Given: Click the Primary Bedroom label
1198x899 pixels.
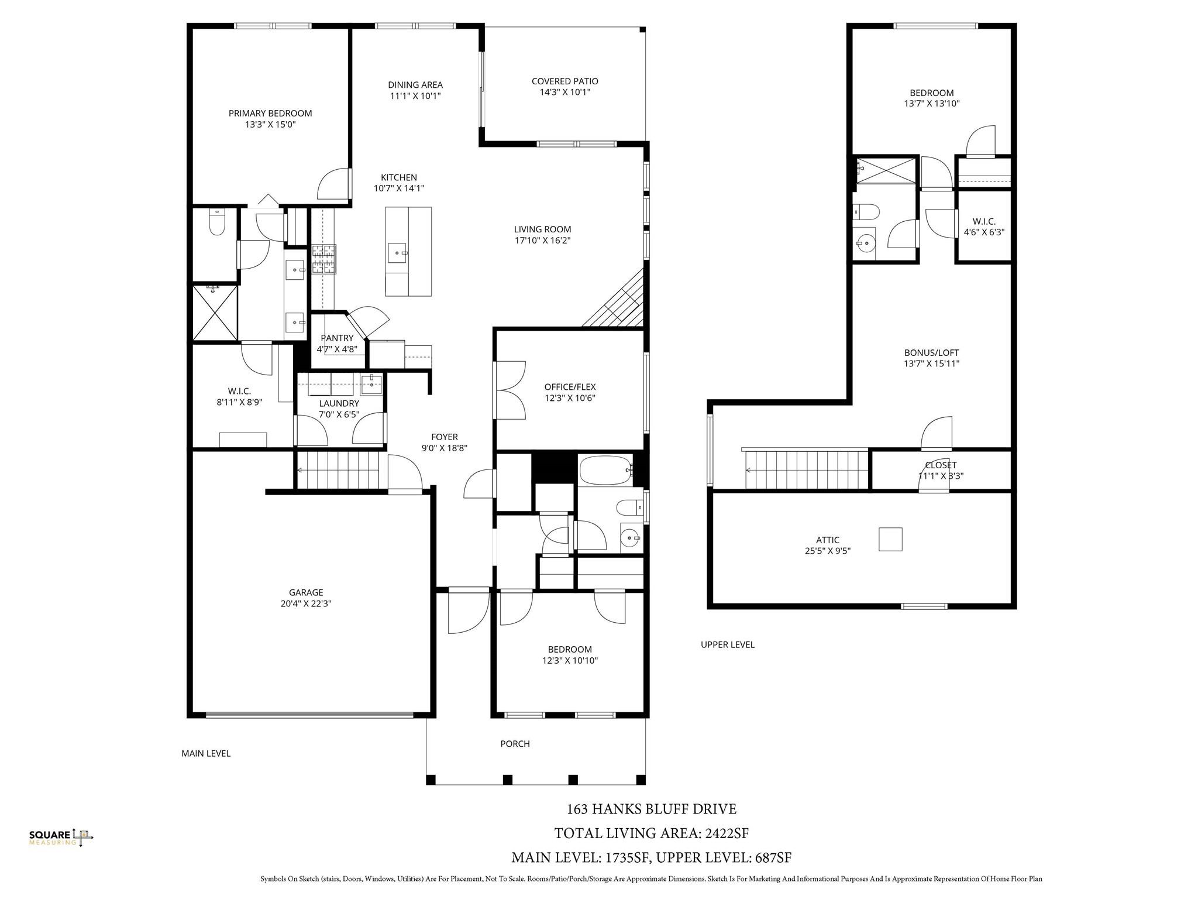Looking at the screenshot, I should pos(270,114).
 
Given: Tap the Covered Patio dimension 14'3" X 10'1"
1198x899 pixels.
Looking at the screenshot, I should pos(564,92).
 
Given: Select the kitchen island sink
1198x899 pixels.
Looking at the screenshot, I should pos(398,253).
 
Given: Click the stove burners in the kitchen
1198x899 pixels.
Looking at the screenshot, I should pos(323,259).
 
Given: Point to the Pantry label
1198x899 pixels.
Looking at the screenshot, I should pos(337,338).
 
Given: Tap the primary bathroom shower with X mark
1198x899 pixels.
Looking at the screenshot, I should pos(216,312).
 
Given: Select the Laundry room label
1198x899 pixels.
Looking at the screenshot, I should pos(339,404).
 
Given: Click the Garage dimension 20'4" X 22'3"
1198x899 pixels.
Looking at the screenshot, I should pos(306,603).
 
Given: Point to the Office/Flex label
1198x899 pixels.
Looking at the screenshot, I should pos(570,387).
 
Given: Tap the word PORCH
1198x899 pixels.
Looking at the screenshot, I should pos(515,744).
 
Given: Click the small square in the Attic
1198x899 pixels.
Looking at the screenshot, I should pos(890,539).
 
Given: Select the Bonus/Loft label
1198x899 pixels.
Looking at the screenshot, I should pos(931,353).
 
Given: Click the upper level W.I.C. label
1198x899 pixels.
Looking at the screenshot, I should pos(984,222).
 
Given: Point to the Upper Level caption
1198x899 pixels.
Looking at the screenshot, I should pos(727,645).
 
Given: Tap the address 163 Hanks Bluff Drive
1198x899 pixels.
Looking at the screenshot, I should pos(651,809).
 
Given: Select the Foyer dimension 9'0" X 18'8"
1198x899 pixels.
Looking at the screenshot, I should pos(444,448).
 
